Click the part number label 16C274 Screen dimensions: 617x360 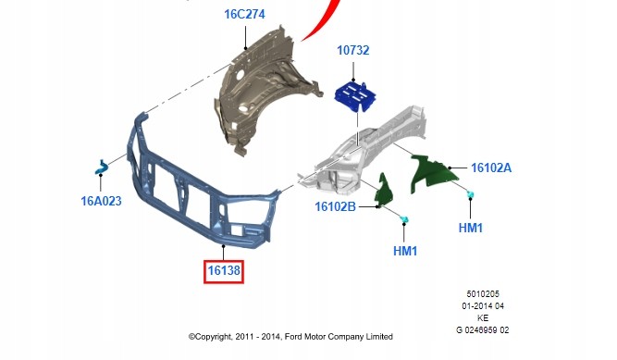click(x=244, y=14)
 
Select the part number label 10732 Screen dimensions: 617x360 click(x=353, y=50)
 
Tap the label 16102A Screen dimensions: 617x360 click(x=491, y=168)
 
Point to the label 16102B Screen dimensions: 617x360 click(x=335, y=206)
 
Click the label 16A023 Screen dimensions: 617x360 click(x=101, y=201)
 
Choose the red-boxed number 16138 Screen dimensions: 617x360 click(x=224, y=270)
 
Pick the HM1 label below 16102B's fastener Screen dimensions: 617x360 click(x=405, y=251)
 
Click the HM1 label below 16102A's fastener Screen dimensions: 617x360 click(x=471, y=228)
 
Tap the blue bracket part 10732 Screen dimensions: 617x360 click(x=355, y=96)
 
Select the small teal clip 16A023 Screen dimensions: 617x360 click(x=102, y=168)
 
